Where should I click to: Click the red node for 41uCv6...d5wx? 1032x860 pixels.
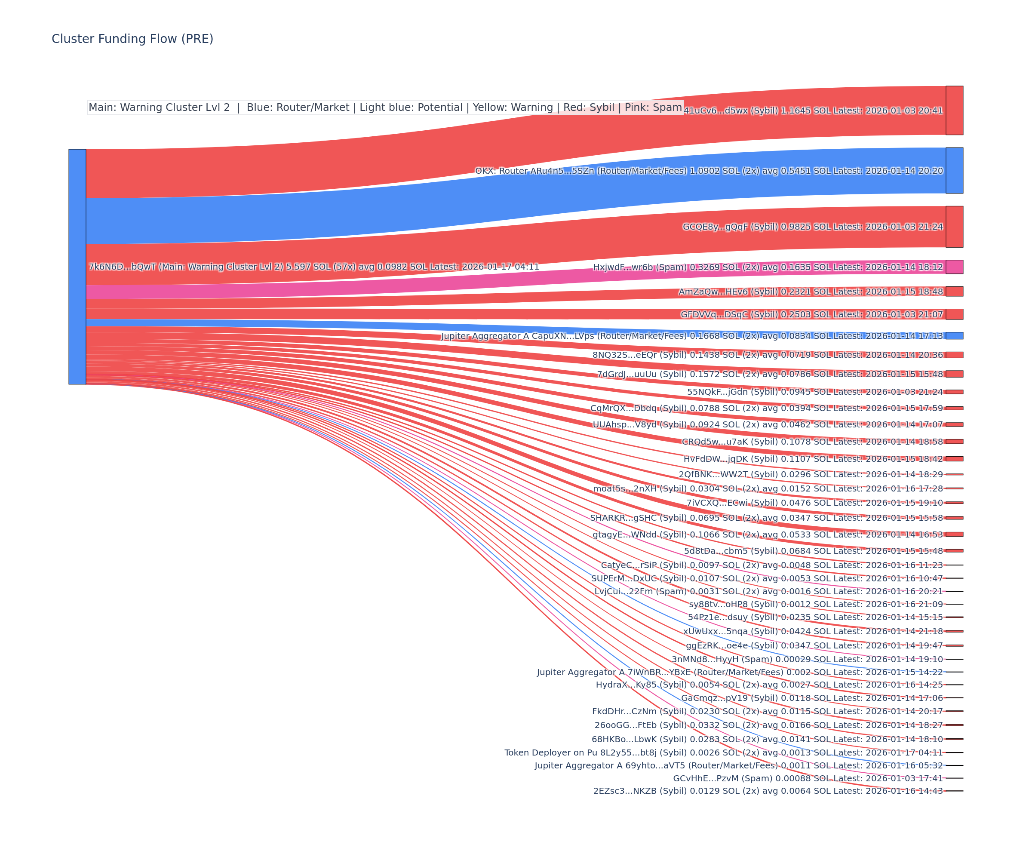[x=954, y=110]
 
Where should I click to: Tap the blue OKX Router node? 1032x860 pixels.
[x=954, y=171]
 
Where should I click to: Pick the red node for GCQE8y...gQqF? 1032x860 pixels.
[x=954, y=227]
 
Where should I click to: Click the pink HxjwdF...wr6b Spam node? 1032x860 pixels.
[x=954, y=267]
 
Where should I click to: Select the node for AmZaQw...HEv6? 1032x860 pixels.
[x=954, y=292]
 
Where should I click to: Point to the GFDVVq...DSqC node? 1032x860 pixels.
[x=954, y=314]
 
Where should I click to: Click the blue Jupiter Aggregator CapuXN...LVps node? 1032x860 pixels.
[x=954, y=336]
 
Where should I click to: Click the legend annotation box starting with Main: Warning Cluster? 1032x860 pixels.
[x=385, y=107]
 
